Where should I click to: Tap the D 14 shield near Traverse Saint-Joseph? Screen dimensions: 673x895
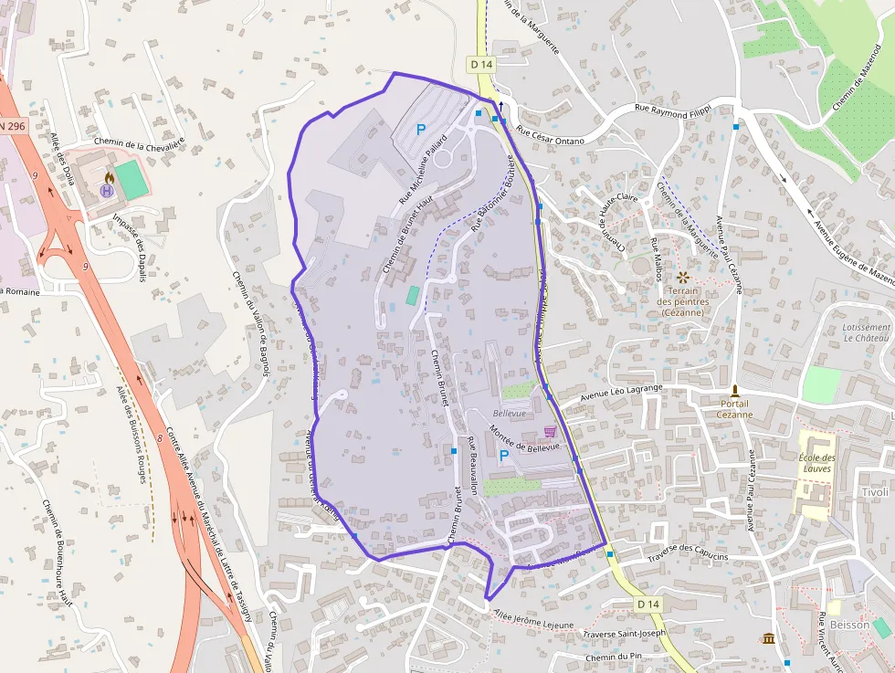click(x=648, y=605)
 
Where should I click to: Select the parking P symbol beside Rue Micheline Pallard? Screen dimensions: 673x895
click(x=421, y=130)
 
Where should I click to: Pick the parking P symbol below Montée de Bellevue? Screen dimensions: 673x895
click(x=503, y=455)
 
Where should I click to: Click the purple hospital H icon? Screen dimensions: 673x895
click(x=107, y=191)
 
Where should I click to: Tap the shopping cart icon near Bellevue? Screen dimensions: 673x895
click(x=550, y=431)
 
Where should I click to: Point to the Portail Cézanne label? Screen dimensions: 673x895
click(x=734, y=408)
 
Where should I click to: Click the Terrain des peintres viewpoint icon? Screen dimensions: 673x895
click(x=681, y=276)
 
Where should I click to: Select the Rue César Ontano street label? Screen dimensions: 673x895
click(x=550, y=134)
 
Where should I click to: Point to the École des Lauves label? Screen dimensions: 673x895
click(x=817, y=463)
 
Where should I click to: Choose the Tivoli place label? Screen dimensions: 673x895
click(x=874, y=492)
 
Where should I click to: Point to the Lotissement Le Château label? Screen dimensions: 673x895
click(x=867, y=332)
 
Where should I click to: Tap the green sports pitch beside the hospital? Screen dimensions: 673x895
click(x=132, y=180)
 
